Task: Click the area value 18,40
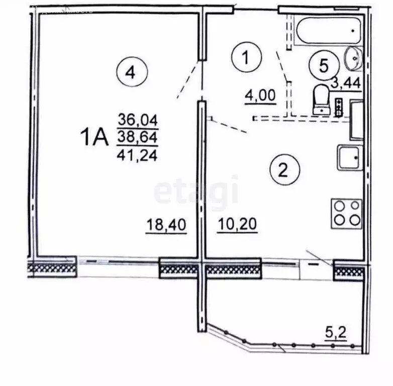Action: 166,225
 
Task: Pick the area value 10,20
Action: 238,225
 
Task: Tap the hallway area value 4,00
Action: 260,95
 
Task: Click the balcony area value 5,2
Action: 337,332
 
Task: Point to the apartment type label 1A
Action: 94,136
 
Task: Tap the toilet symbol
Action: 320,99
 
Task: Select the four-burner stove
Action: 346,213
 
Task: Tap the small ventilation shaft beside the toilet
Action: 339,107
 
